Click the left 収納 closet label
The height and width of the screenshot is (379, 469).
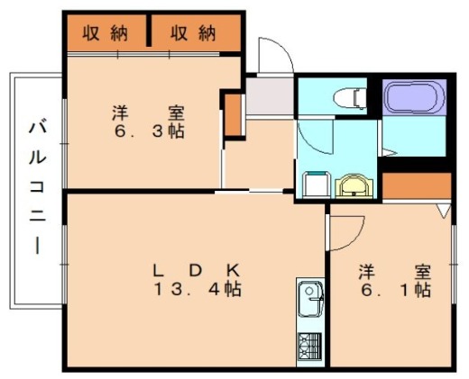(x=106, y=33)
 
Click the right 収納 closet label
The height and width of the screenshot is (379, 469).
(x=195, y=33)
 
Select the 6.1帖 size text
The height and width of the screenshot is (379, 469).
(x=393, y=290)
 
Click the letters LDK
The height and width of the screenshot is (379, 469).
(x=195, y=269)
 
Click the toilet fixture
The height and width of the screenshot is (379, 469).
(x=346, y=95)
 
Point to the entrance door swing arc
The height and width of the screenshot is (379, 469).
(x=275, y=56)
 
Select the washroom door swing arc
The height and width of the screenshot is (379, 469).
(x=314, y=135)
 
